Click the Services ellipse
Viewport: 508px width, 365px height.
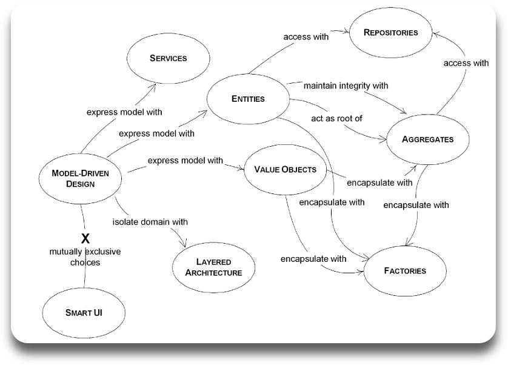coord(168,58)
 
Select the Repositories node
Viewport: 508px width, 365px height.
coord(391,33)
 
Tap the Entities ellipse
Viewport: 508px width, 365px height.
coord(248,99)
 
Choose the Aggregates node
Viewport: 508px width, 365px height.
coord(427,139)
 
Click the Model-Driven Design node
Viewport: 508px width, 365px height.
coord(81,178)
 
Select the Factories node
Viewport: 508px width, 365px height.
coord(404,270)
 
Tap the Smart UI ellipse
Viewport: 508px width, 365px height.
coord(84,313)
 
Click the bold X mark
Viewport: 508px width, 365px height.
coord(85,238)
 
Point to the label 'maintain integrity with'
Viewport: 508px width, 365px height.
coord(346,85)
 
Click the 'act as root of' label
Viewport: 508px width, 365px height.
coord(337,118)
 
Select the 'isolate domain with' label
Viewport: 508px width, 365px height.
coord(150,221)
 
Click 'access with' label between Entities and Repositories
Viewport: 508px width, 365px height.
coord(306,36)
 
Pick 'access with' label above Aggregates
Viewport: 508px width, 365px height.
coord(466,62)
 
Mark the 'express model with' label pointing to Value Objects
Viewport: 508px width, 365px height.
coord(185,161)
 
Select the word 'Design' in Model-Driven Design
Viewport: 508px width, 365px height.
coord(81,184)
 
